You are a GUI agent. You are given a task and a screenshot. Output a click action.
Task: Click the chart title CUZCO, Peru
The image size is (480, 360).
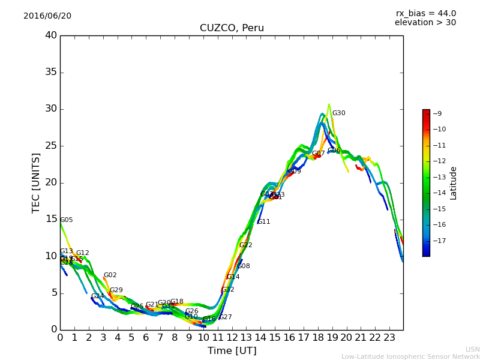pos(232,28)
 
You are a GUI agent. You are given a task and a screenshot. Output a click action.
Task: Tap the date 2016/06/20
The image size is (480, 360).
pos(47,16)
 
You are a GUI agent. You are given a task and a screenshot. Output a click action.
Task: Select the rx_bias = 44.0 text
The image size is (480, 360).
pos(425,13)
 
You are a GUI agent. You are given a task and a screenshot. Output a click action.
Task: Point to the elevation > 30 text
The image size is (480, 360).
pos(425,23)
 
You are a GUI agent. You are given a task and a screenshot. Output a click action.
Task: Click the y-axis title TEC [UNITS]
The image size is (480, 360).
pos(37,183)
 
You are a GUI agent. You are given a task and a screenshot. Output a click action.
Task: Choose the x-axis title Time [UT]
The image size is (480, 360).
pos(232,350)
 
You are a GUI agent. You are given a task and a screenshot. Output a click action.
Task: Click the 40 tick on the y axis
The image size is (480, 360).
pos(51,35)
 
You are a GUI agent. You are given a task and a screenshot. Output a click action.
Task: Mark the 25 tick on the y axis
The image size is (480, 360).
pos(51,146)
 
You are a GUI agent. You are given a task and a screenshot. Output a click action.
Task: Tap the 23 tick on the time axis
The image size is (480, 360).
pos(389,337)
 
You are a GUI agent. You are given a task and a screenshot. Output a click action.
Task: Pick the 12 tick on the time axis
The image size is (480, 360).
pos(232,337)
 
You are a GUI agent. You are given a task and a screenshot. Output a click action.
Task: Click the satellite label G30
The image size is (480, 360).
pos(338,113)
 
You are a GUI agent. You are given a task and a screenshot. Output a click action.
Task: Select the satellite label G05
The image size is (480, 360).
pos(66,220)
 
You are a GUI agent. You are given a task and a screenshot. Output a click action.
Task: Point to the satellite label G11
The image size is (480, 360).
pos(263,222)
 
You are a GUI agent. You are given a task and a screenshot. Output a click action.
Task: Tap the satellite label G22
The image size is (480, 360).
pos(245,245)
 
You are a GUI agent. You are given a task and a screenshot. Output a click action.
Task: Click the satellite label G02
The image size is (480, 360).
pos(110,275)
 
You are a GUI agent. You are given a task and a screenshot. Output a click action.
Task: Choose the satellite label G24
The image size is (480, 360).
pos(97,296)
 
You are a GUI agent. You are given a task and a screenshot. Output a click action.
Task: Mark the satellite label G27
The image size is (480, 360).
pos(225,317)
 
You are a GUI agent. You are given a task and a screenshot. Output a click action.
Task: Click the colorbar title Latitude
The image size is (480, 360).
pos(454,183)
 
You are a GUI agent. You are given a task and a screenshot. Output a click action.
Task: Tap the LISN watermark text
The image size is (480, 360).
pos(472,349)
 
